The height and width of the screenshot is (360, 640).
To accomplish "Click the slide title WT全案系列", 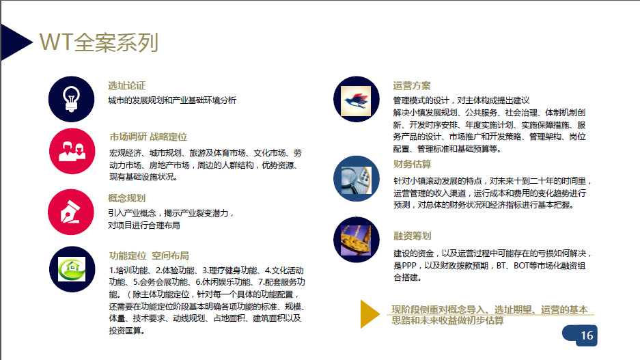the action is (x=99, y=42).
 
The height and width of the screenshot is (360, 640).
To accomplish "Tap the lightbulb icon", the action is (x=72, y=99).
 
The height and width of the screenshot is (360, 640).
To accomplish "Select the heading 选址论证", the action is (x=126, y=85).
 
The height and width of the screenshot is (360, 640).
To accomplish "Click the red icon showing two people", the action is (x=72, y=151).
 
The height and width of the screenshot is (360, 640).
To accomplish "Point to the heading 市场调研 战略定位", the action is (x=148, y=137).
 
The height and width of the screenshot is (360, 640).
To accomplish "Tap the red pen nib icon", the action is (x=71, y=212).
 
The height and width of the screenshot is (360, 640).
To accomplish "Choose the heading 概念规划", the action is (x=126, y=198).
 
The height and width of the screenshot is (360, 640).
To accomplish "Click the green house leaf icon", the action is (x=72, y=269).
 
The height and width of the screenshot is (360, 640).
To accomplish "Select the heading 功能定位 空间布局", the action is (x=149, y=256).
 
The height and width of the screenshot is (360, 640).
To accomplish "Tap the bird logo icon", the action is (x=357, y=99).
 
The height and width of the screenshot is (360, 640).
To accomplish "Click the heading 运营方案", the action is (x=412, y=85).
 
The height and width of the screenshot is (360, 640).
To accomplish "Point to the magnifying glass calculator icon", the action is (x=357, y=178).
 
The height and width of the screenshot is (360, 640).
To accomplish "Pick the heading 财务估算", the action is (x=413, y=164).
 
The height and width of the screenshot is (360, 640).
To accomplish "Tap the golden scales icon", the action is (x=357, y=240).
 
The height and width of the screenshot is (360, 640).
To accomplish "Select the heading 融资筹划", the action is (x=413, y=236).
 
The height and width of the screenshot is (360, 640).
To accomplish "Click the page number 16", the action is (x=587, y=335).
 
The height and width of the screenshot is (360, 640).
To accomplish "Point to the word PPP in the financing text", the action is (x=409, y=266).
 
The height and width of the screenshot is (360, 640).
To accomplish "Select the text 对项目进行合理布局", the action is (x=143, y=225).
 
